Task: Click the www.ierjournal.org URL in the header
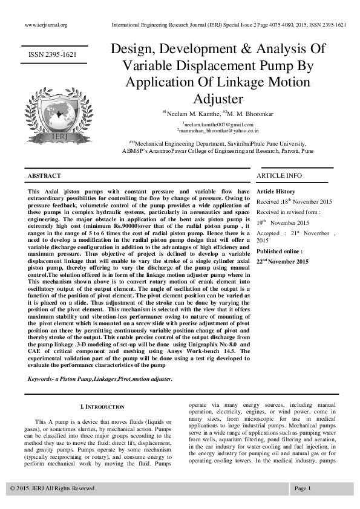coord(45,25)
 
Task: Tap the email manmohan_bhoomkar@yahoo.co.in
coord(218,129)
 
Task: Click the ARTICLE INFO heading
coord(279,175)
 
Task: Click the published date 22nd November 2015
coord(283,261)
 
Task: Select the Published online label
coord(280,251)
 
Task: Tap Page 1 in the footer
coord(303,488)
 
